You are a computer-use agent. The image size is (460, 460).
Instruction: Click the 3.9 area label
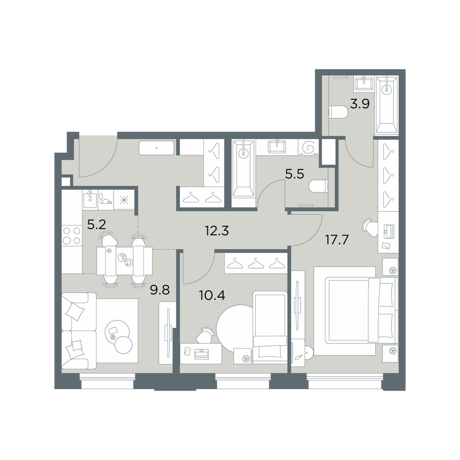pyautogui.click(x=360, y=104)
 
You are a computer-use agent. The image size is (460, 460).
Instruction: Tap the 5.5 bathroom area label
pyautogui.click(x=294, y=174)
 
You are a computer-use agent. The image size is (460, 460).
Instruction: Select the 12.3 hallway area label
pyautogui.click(x=217, y=231)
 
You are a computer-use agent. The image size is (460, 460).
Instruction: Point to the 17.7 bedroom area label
pyautogui.click(x=337, y=240)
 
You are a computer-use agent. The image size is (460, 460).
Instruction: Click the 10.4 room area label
pyautogui.click(x=212, y=295)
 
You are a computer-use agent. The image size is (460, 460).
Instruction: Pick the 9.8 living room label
pyautogui.click(x=160, y=290)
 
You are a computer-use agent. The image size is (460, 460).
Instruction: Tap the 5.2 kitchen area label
pyautogui.click(x=97, y=225)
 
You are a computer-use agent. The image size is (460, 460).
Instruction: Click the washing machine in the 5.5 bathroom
pyautogui.click(x=308, y=146)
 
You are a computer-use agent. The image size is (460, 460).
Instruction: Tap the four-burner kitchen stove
pyautogui.click(x=72, y=236)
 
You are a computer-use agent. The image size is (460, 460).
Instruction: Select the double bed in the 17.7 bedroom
pyautogui.click(x=356, y=310)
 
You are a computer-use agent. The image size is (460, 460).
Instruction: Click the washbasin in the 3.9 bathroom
pyautogui.click(x=364, y=84)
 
